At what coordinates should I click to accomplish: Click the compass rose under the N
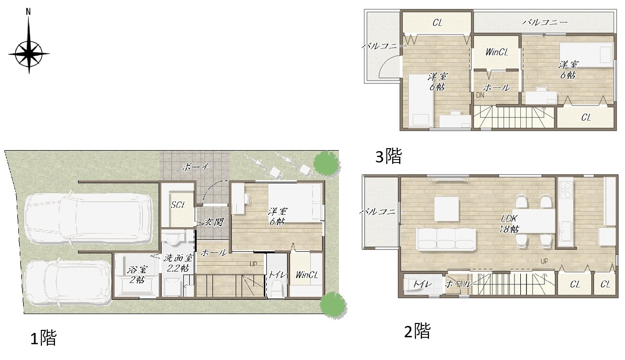(x=29, y=54)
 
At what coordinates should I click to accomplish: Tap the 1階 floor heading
(x=43, y=338)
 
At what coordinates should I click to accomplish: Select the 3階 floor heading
(x=388, y=156)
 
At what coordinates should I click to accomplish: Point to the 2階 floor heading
(x=417, y=331)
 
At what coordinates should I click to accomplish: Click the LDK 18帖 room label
(x=509, y=224)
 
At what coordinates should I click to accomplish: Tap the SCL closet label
(x=178, y=205)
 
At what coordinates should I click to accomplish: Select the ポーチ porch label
(x=196, y=167)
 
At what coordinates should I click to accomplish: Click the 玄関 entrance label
(x=214, y=222)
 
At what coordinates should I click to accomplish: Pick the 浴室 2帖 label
(x=137, y=275)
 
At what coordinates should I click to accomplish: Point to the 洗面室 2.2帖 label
(x=178, y=263)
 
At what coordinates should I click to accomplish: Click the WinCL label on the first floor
(x=307, y=275)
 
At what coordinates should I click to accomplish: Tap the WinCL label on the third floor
(x=497, y=52)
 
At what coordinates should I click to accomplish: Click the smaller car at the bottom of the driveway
(x=68, y=283)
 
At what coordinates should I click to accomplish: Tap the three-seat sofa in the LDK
(x=446, y=239)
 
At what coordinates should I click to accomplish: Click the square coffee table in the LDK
(x=447, y=209)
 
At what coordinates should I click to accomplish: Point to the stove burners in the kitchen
(x=566, y=190)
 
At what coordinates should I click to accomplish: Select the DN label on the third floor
(x=480, y=95)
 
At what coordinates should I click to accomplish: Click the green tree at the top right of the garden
(x=326, y=163)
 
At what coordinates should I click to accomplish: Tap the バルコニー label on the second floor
(x=381, y=212)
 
